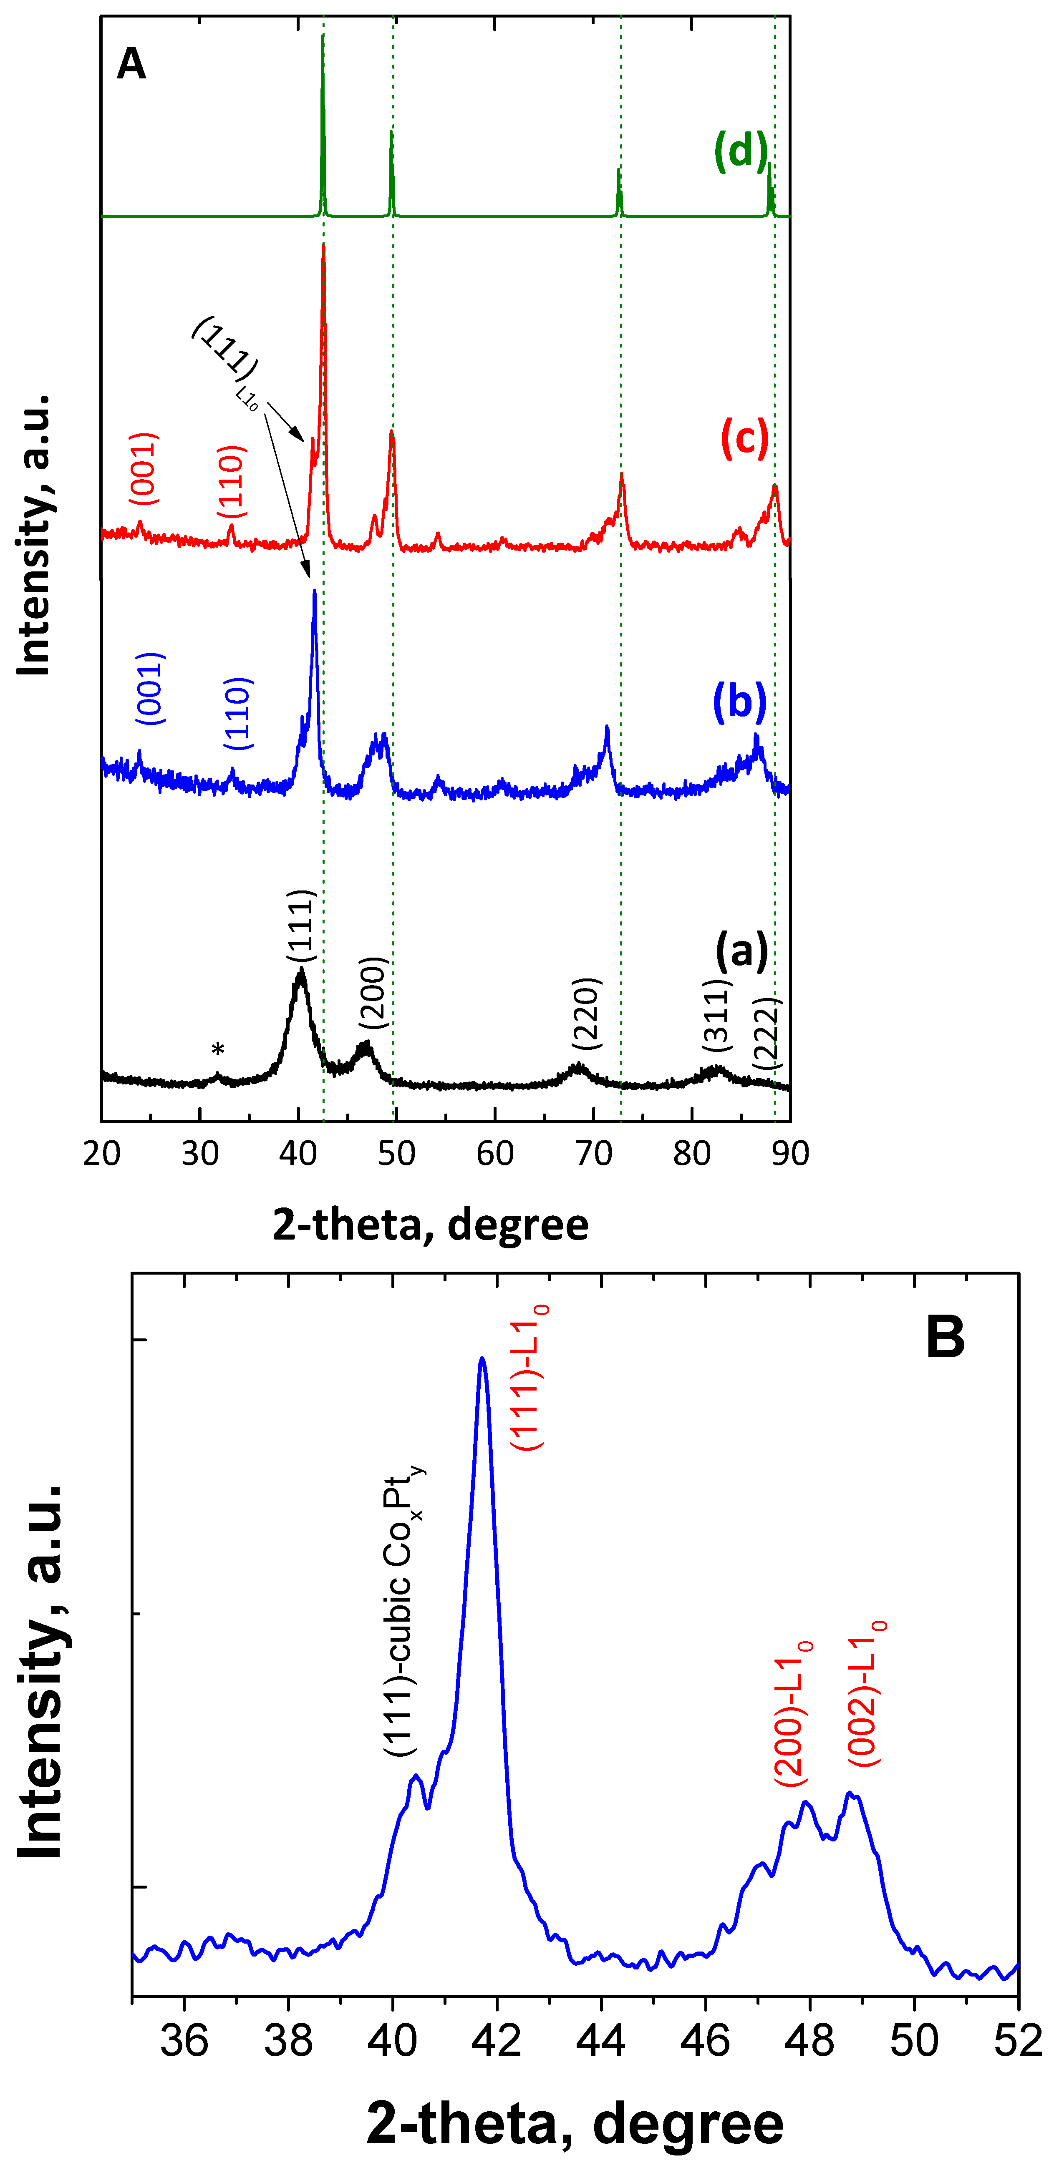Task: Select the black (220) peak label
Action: point(586,1013)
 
